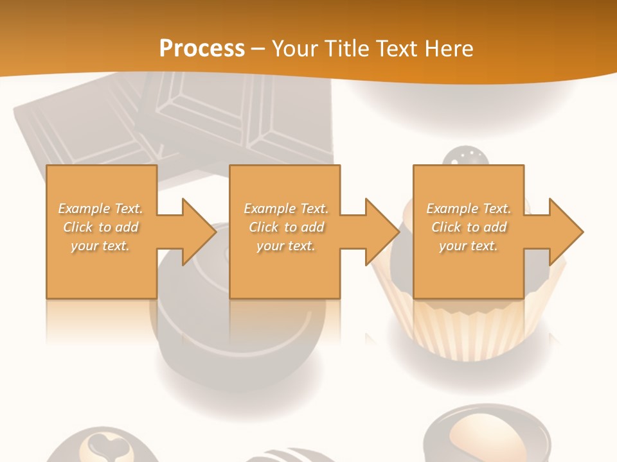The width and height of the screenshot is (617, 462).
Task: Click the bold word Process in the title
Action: (202, 48)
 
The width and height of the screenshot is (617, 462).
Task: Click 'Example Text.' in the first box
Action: (100, 209)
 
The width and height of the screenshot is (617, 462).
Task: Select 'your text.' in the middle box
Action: (285, 246)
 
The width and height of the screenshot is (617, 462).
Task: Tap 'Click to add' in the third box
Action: (469, 227)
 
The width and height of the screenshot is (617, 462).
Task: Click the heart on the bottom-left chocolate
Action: (103, 444)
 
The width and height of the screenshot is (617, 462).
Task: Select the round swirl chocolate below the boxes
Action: (238, 346)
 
